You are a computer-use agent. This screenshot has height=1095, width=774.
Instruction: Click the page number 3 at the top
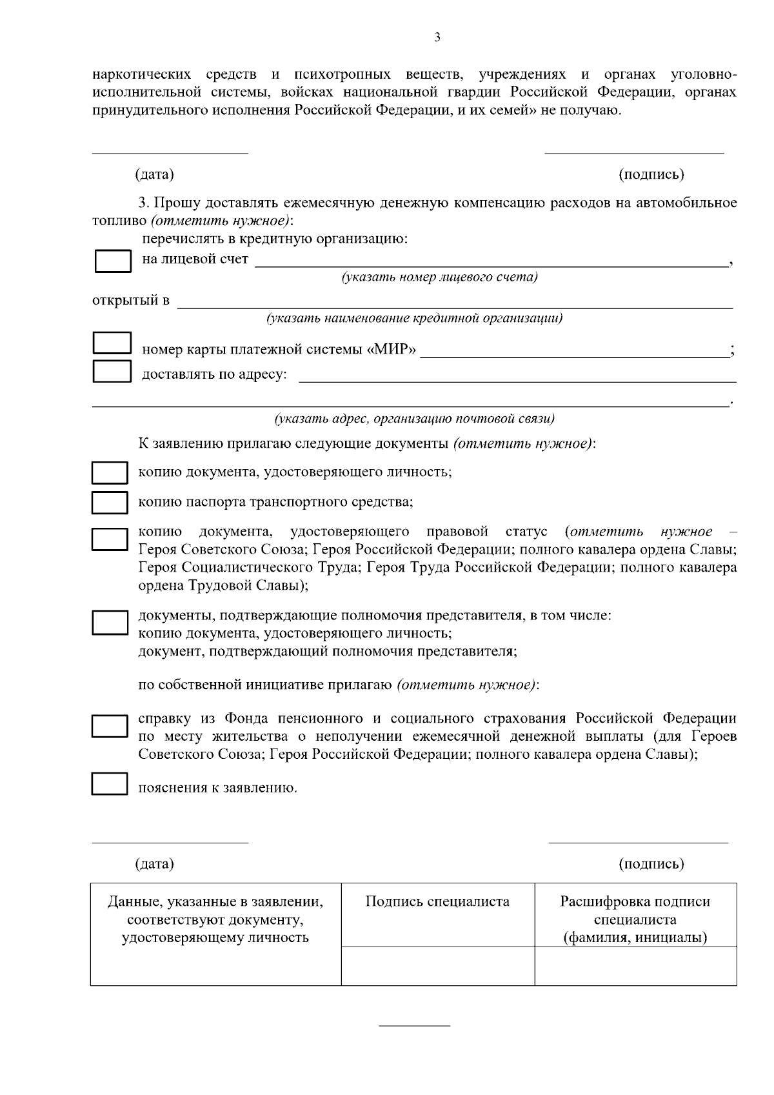click(x=437, y=37)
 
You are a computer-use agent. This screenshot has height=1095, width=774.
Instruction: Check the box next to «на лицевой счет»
click(x=113, y=261)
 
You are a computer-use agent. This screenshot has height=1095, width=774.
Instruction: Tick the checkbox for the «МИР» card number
click(x=112, y=343)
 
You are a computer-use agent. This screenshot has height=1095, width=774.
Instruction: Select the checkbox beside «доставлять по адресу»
click(x=112, y=371)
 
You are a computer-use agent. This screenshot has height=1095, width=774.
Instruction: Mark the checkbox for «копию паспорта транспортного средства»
click(x=109, y=503)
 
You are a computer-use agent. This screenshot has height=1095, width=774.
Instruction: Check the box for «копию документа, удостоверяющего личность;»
click(x=109, y=472)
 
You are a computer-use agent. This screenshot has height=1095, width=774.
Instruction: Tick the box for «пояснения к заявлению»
click(x=109, y=783)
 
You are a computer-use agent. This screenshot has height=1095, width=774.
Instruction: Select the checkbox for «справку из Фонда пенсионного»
click(x=109, y=726)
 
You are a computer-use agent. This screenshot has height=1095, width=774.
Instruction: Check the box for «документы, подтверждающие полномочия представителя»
click(x=109, y=623)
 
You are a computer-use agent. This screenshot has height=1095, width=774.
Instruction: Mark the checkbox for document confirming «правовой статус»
click(x=109, y=539)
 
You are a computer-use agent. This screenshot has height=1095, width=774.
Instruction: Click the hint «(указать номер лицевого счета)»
click(x=439, y=277)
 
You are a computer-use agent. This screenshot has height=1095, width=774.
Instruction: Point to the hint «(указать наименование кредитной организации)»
click(x=414, y=318)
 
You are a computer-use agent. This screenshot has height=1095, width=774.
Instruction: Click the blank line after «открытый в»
click(x=455, y=302)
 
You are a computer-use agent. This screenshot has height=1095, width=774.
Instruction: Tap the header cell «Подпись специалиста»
click(x=437, y=902)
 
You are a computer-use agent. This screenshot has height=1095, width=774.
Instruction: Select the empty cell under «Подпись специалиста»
click(x=437, y=965)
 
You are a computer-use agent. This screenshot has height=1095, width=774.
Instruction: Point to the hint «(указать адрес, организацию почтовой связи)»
click(x=414, y=419)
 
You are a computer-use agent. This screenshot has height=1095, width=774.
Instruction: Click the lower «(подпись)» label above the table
click(x=651, y=863)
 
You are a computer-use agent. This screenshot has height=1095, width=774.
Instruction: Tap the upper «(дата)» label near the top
click(x=154, y=174)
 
